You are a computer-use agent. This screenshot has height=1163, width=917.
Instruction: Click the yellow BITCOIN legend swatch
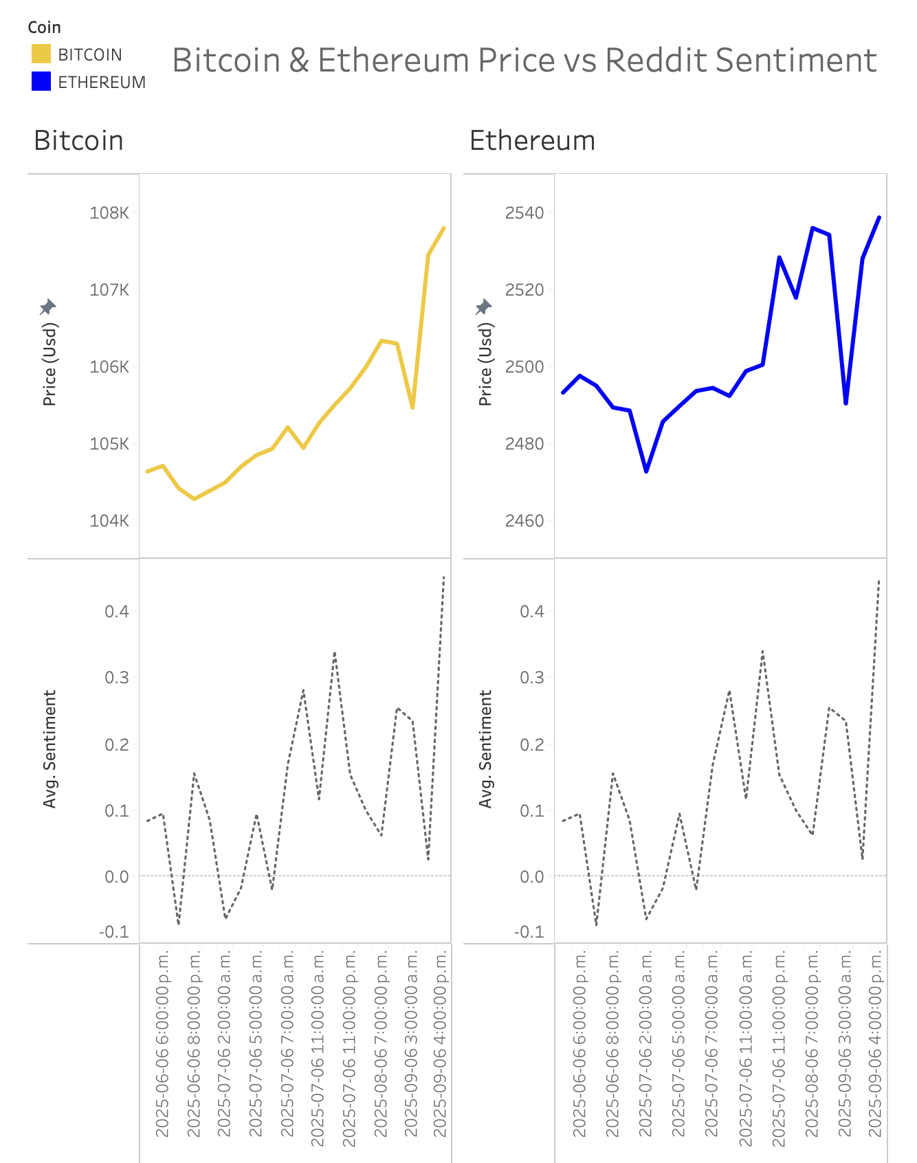click(x=41, y=54)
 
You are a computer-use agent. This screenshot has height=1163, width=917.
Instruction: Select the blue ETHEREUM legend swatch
click(x=41, y=82)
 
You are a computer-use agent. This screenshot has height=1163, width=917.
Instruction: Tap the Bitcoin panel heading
click(x=78, y=141)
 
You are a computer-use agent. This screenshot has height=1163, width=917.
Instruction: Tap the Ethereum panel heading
click(x=532, y=141)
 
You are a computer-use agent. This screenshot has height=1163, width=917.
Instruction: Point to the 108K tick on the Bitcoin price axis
click(x=109, y=212)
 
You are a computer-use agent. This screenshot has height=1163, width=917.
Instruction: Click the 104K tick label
click(x=109, y=520)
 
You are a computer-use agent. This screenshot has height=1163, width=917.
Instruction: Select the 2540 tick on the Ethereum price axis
click(x=524, y=212)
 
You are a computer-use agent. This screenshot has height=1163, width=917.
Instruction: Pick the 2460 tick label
click(x=524, y=520)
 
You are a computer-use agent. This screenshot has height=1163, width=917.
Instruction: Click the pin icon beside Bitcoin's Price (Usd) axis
click(x=48, y=307)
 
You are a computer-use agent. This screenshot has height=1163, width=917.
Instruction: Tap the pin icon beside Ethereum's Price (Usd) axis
click(x=484, y=307)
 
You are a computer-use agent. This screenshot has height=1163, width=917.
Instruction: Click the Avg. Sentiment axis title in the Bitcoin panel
click(x=49, y=749)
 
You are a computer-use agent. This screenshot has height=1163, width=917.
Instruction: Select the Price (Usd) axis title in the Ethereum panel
click(x=485, y=364)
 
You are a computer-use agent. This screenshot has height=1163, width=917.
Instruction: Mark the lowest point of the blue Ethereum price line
click(x=646, y=471)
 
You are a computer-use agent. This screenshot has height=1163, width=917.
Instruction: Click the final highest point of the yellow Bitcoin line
click(x=444, y=228)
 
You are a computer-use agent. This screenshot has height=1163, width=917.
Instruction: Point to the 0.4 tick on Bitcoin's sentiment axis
click(x=117, y=611)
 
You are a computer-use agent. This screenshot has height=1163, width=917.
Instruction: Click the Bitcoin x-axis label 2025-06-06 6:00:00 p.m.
click(x=162, y=1045)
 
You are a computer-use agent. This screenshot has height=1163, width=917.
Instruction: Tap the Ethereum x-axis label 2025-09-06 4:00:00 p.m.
click(x=874, y=1045)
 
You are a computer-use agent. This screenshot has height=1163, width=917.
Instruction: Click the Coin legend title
click(x=44, y=27)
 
